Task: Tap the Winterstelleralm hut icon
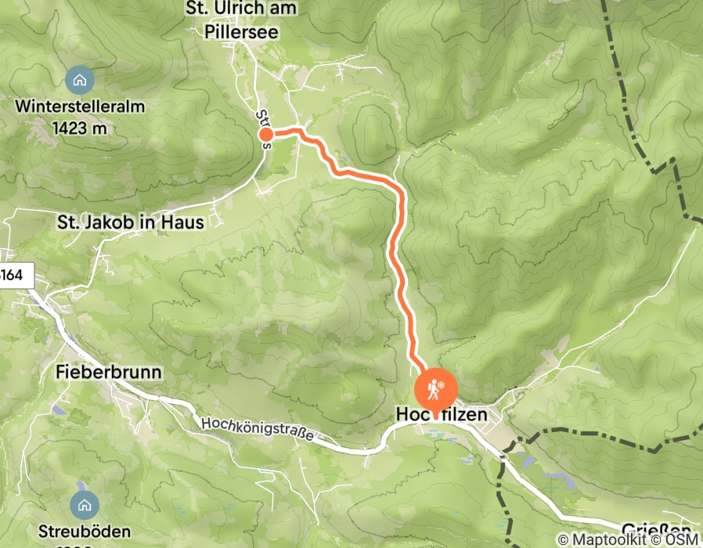(x=78, y=79)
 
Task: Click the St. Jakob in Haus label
(x=131, y=222)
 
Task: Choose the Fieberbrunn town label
(x=110, y=373)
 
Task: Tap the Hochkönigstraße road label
(x=256, y=431)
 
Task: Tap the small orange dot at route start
(x=265, y=135)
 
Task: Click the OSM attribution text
(x=680, y=539)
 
